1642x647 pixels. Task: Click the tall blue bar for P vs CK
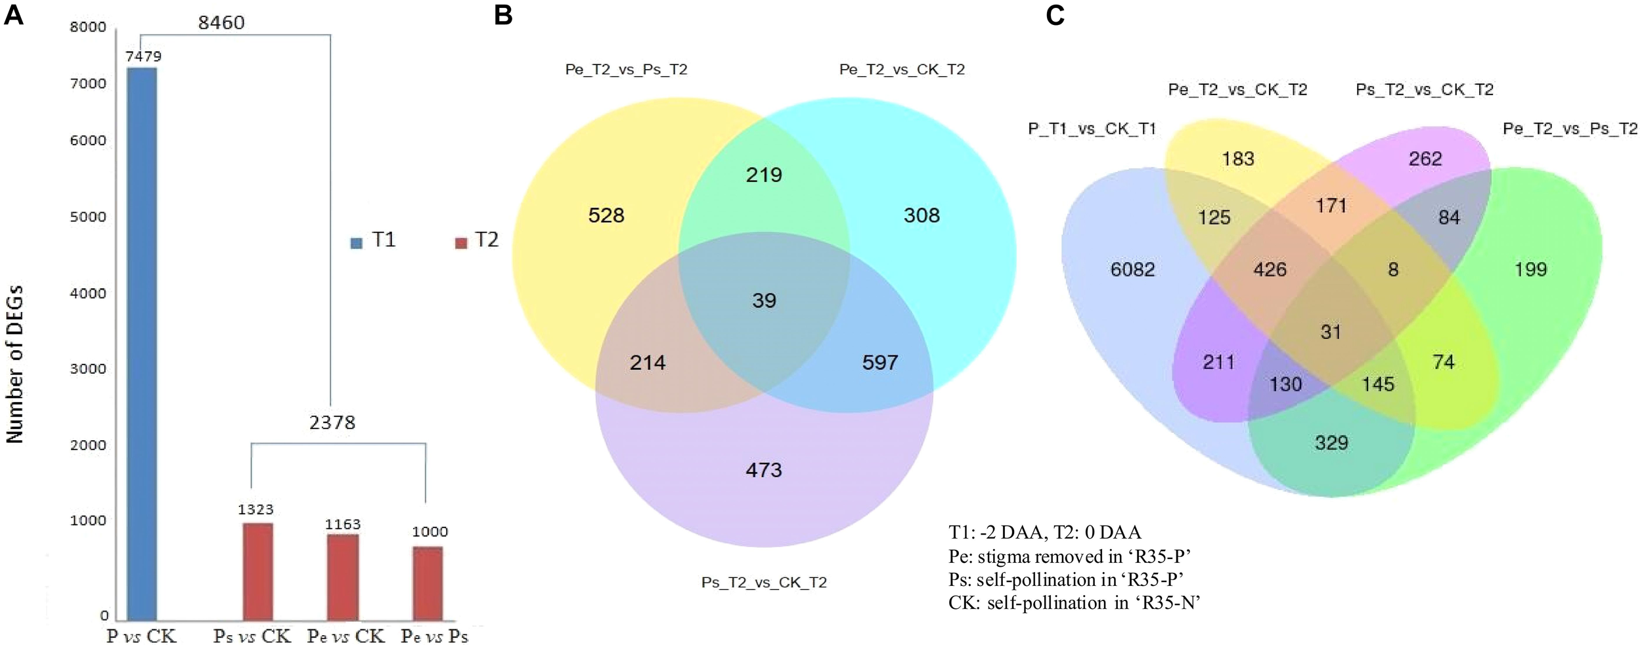[141, 342]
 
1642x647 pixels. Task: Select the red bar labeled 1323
[257, 571]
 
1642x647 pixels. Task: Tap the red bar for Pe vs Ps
[428, 583]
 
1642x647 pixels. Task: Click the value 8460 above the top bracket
[221, 23]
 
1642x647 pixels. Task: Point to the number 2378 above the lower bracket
[332, 422]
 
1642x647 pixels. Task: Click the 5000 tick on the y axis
[88, 217]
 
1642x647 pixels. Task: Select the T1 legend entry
[374, 240]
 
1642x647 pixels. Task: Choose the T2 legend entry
[477, 240]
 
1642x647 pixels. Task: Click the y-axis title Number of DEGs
[14, 365]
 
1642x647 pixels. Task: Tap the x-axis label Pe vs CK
[345, 636]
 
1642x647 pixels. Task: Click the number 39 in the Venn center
[764, 301]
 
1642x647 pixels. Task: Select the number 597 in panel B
[879, 363]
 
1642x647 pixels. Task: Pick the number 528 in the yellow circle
[606, 215]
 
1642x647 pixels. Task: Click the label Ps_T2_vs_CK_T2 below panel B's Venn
[764, 583]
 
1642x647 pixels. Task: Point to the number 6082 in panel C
[1132, 269]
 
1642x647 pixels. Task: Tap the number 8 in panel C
[1393, 269]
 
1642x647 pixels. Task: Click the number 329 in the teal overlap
[1331, 443]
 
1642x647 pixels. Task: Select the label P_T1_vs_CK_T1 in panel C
[1092, 129]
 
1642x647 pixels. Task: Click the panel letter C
[1055, 14]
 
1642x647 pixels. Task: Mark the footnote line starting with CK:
[1074, 602]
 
